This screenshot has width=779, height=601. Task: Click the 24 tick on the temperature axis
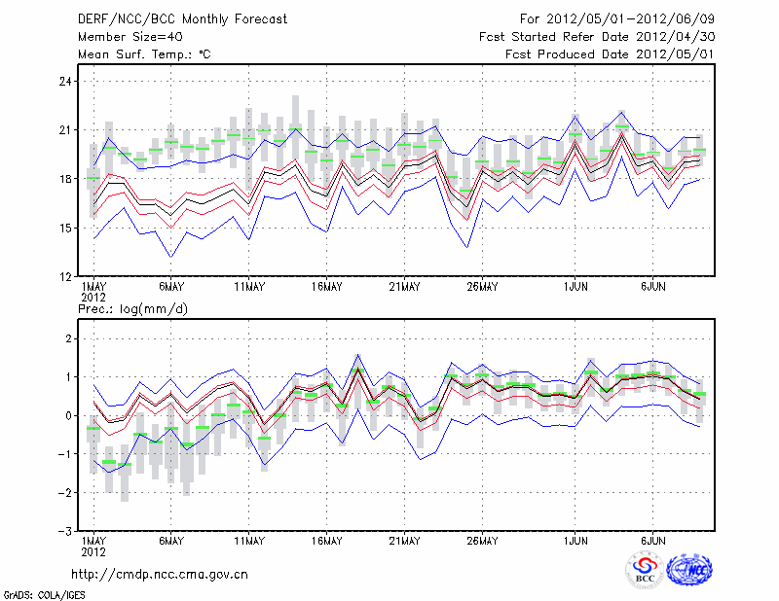tap(66, 81)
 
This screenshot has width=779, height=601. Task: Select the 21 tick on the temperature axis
tap(66, 129)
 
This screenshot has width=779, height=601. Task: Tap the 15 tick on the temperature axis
tap(66, 228)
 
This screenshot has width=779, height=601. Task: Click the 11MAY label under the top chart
tap(249, 287)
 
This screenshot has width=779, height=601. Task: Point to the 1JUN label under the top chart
tap(576, 287)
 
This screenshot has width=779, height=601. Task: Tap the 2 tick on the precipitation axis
tap(68, 338)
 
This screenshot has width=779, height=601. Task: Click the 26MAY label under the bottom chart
tap(483, 541)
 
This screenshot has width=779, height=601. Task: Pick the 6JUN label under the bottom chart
tap(653, 541)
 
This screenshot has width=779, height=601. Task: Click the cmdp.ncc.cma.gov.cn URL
tap(160, 574)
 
